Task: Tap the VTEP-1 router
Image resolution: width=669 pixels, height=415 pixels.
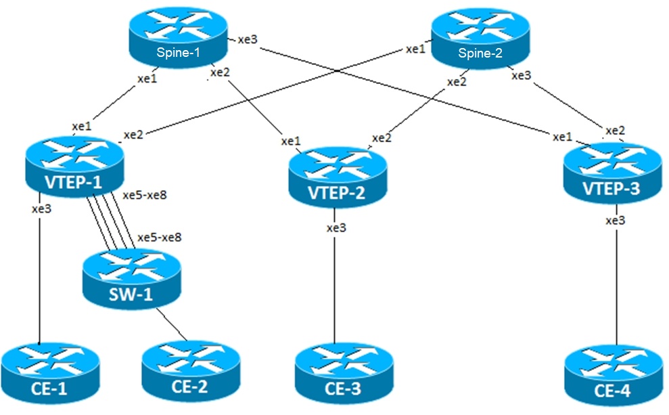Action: click(x=74, y=166)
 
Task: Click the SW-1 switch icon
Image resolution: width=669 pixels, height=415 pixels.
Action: click(x=131, y=279)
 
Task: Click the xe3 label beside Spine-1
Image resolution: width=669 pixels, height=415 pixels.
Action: click(x=248, y=40)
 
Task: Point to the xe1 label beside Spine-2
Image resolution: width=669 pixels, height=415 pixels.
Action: click(x=415, y=49)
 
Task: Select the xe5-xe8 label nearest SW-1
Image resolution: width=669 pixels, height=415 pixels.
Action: click(x=160, y=238)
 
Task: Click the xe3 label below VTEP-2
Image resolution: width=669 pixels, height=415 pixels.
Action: click(x=336, y=228)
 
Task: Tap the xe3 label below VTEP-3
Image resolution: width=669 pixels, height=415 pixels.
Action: click(x=615, y=221)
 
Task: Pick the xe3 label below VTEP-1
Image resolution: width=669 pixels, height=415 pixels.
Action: click(x=41, y=209)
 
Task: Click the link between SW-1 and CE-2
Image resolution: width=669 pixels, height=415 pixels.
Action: click(x=172, y=325)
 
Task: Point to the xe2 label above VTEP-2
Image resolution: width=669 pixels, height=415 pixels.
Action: click(x=382, y=138)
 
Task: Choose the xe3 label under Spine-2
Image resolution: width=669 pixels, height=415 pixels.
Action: click(x=521, y=76)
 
